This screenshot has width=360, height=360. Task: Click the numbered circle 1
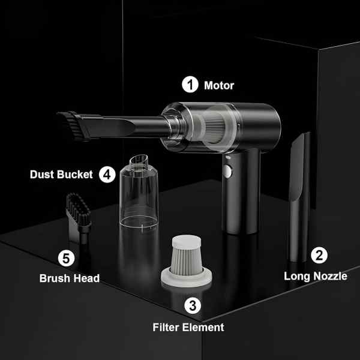[x=190, y=85]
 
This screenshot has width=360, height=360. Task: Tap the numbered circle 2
[x=319, y=256]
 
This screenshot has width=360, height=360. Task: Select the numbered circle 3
[x=193, y=305]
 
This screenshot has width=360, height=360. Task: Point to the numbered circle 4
[x=107, y=175]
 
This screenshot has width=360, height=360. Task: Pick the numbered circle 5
[x=66, y=258]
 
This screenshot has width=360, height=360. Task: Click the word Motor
[x=219, y=86]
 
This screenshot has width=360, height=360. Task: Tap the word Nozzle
[x=331, y=276]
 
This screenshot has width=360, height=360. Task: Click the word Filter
[x=166, y=327]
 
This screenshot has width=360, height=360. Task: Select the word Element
[x=203, y=327]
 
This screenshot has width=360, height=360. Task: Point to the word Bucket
[x=75, y=175]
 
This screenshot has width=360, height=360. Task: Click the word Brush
[x=54, y=278]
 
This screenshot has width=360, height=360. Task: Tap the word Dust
[x=42, y=175]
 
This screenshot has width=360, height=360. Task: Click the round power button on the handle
[x=228, y=171]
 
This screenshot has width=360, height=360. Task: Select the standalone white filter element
[x=187, y=260]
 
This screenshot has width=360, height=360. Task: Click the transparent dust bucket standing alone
[x=139, y=193]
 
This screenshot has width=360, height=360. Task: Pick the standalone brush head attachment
[x=79, y=218]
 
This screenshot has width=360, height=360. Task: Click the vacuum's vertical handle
[x=241, y=193]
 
